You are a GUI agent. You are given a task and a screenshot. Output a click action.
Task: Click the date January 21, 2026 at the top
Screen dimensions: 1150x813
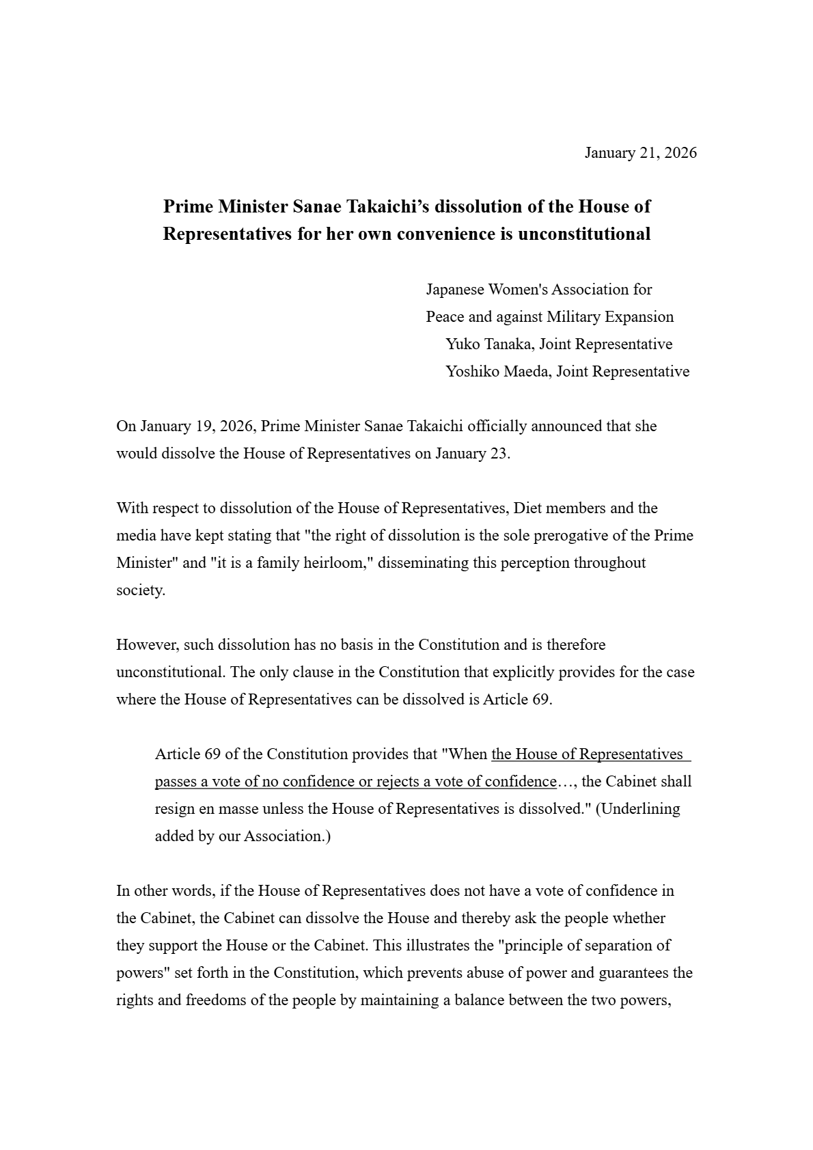[x=640, y=152]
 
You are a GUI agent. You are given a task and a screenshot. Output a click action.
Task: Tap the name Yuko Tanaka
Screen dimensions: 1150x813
[x=487, y=344]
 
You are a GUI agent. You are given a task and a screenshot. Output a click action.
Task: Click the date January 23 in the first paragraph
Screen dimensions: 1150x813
[x=471, y=454]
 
